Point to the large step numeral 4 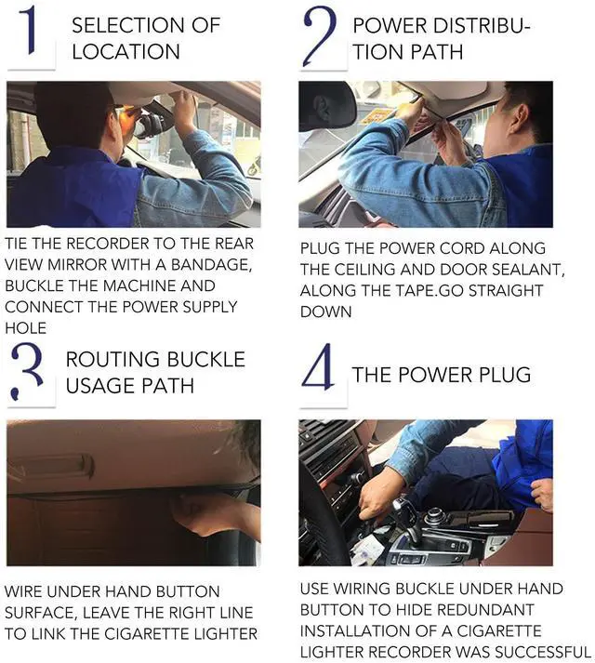click(319, 366)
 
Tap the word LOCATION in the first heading click(126, 51)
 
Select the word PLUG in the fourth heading click(505, 375)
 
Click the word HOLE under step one click(25, 328)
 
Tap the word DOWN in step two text click(325, 312)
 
